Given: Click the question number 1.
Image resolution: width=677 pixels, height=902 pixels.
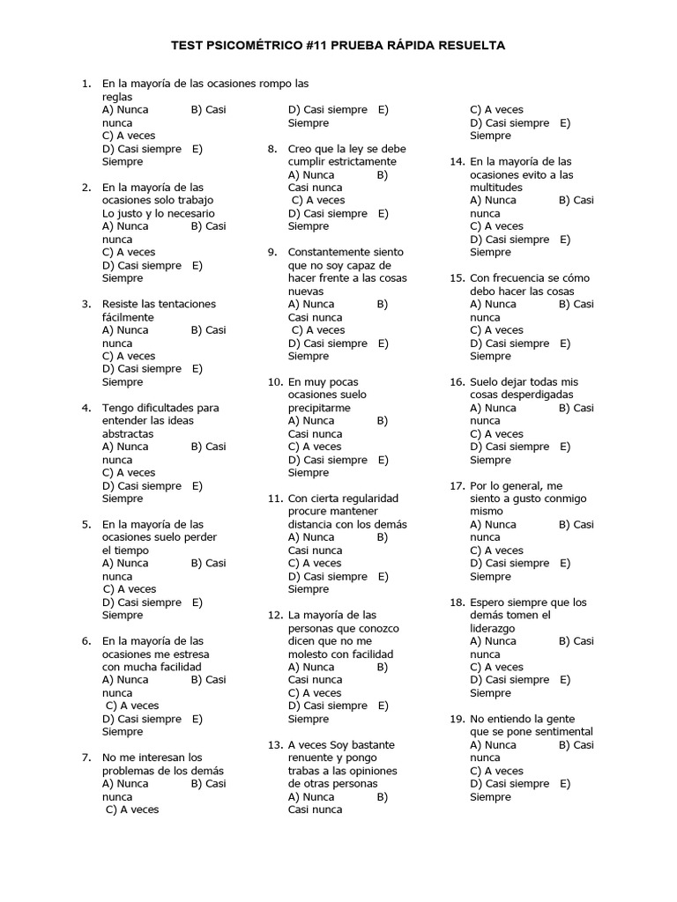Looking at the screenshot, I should click(86, 84).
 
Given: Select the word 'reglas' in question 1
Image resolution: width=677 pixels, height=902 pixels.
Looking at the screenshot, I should click(117, 97).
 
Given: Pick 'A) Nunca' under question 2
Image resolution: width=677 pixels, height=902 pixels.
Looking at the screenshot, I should click(125, 226).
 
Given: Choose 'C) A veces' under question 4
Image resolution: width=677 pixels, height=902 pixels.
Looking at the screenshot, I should click(129, 473).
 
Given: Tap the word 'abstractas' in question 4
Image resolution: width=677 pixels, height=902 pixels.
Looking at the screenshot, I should click(128, 434).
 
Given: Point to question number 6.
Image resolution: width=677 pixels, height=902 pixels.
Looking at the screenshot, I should click(86, 641).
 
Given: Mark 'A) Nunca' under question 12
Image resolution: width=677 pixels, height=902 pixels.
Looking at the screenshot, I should click(311, 668).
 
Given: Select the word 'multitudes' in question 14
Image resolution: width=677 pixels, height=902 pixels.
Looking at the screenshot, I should click(496, 188).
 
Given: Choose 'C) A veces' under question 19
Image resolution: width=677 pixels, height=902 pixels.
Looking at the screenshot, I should click(496, 771).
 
